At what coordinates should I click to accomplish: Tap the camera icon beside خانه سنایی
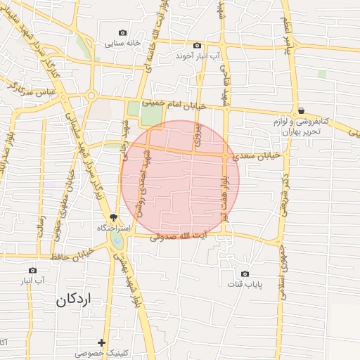click(x=123, y=32)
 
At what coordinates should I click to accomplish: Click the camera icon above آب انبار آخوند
click(x=197, y=45)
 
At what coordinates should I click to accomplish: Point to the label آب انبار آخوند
click(x=198, y=55)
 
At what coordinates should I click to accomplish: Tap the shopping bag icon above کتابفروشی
click(x=301, y=110)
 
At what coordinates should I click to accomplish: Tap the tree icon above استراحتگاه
click(x=114, y=217)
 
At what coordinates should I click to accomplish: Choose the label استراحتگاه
click(x=112, y=229)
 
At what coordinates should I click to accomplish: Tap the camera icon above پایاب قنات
click(x=245, y=274)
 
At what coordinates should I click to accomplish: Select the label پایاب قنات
click(x=244, y=284)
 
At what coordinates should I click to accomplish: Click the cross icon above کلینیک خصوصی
click(x=102, y=342)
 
